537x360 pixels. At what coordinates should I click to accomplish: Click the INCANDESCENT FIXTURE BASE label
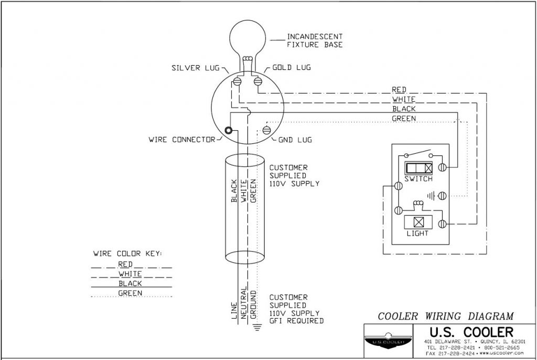pyautogui.click(x=314, y=40)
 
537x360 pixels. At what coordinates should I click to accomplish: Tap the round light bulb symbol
pyautogui.click(x=247, y=39)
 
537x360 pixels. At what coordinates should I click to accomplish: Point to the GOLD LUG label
pyautogui.click(x=292, y=68)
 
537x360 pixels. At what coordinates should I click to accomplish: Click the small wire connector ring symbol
pyautogui.click(x=229, y=131)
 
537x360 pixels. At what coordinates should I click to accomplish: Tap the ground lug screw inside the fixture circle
pyautogui.click(x=266, y=130)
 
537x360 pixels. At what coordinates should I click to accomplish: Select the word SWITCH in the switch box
pyautogui.click(x=418, y=179)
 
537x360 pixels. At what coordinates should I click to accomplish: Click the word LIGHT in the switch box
pyautogui.click(x=418, y=233)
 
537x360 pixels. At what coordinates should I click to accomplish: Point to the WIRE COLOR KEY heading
pyautogui.click(x=127, y=253)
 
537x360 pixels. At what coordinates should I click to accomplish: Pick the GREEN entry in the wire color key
pyautogui.click(x=128, y=293)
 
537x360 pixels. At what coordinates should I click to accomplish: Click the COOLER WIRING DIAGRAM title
pyautogui.click(x=445, y=316)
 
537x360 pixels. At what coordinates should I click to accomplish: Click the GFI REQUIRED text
pyautogui.click(x=296, y=320)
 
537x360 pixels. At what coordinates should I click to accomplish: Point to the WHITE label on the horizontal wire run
pyautogui.click(x=403, y=99)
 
